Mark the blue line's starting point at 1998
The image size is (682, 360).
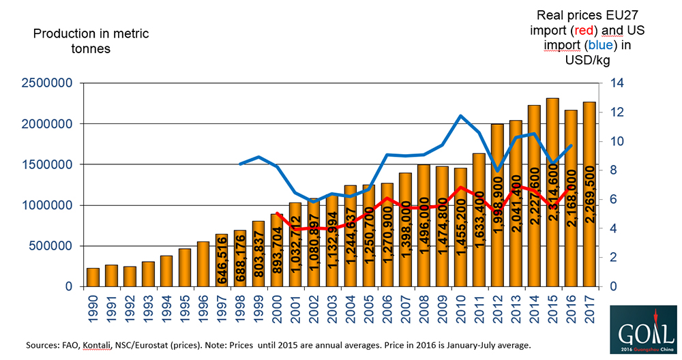[x=240, y=164]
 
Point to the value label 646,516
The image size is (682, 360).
[x=222, y=262]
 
